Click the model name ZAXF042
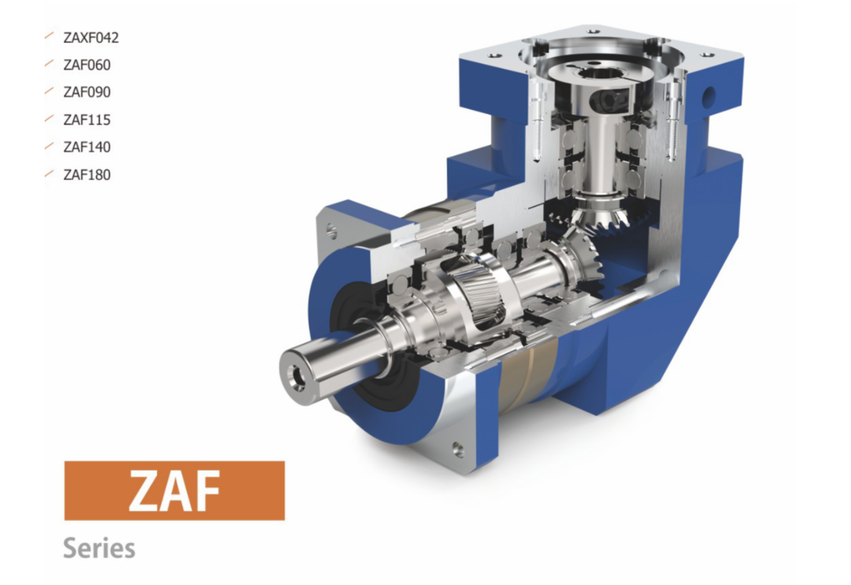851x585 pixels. pos(91,38)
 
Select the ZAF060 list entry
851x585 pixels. pos(87,65)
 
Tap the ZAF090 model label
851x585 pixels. pos(87,92)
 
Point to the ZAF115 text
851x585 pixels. pos(87,120)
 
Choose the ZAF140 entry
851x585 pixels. pos(87,147)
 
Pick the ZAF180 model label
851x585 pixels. pos(87,175)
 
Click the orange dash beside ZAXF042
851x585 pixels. pos(49,36)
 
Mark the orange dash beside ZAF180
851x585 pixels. pos(49,173)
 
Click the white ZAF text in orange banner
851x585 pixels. pos(174,491)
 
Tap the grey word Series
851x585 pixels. pos(100,547)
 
